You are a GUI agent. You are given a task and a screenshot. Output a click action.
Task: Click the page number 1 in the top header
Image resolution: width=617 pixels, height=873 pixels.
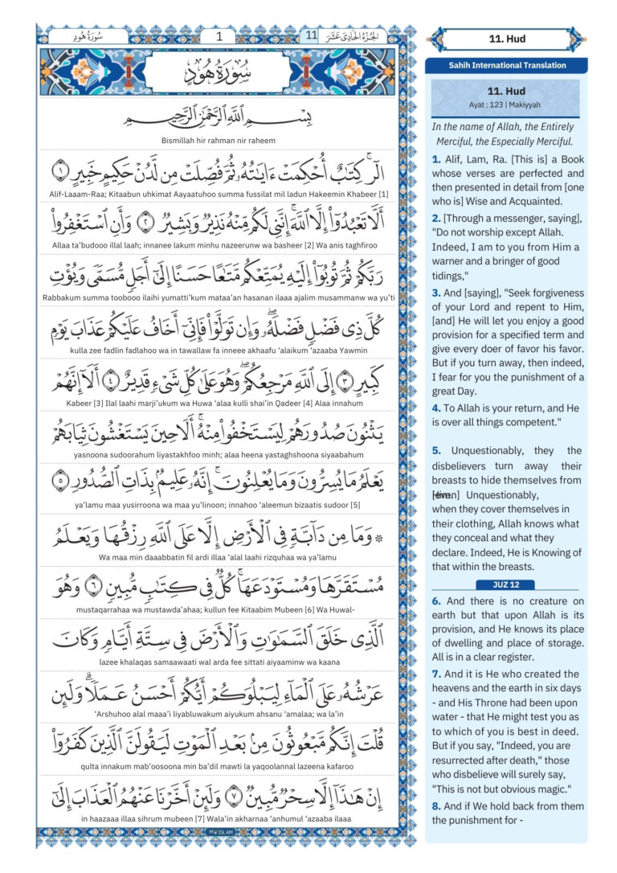tap(219, 36)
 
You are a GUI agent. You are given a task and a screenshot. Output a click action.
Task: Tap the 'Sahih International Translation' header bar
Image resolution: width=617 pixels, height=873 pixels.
tap(506, 66)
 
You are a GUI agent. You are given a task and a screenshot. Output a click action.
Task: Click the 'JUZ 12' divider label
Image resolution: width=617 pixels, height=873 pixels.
tap(505, 584)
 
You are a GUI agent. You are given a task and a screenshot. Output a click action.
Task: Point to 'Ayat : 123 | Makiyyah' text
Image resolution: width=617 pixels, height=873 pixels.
tap(506, 105)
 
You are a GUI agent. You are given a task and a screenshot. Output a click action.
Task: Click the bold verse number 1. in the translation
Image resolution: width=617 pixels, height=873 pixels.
tap(436, 159)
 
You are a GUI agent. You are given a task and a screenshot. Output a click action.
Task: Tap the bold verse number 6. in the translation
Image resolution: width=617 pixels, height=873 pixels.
tap(436, 601)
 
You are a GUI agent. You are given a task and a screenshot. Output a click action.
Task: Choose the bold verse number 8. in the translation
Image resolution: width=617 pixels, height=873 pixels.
tap(436, 805)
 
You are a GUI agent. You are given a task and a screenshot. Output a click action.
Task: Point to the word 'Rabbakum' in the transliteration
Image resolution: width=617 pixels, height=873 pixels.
tap(63, 297)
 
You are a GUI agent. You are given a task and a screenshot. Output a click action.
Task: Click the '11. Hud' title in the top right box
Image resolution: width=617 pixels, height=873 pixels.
tap(506, 38)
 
